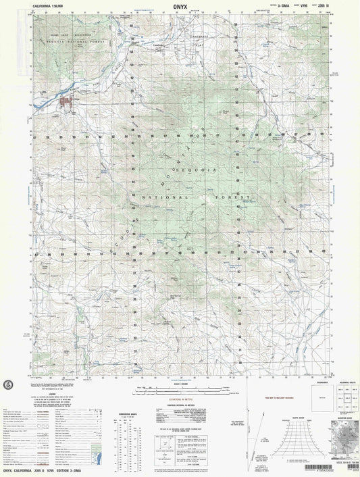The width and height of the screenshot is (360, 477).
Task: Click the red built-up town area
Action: [x=68, y=103]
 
